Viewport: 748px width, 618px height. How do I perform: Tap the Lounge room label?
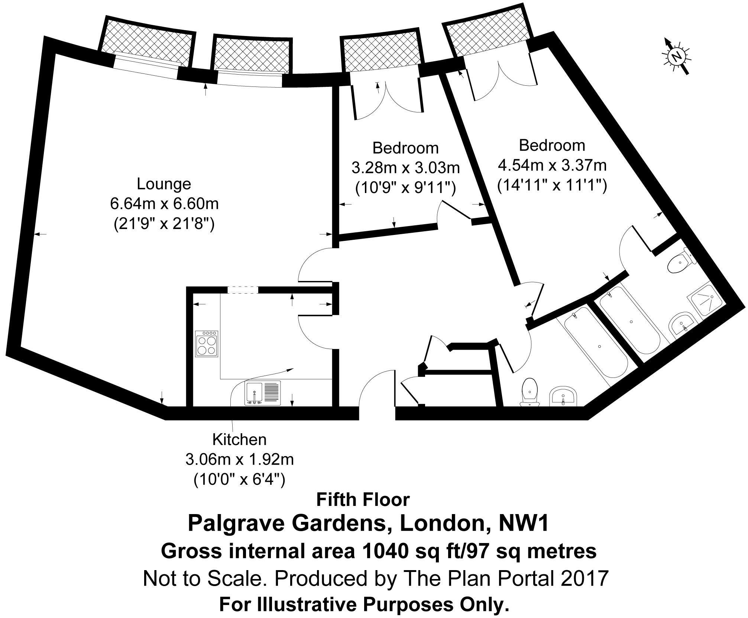click(x=164, y=184)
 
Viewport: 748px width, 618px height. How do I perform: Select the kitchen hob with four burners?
click(x=207, y=344)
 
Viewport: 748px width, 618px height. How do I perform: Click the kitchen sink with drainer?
click(x=263, y=393)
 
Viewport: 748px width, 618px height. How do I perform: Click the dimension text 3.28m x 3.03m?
click(x=405, y=168)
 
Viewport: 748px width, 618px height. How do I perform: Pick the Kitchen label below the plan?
click(x=239, y=439)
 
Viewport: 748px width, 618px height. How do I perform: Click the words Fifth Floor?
click(x=363, y=500)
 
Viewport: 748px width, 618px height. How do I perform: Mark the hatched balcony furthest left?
click(x=146, y=40)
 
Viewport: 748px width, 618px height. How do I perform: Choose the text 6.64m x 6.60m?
click(x=164, y=204)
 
